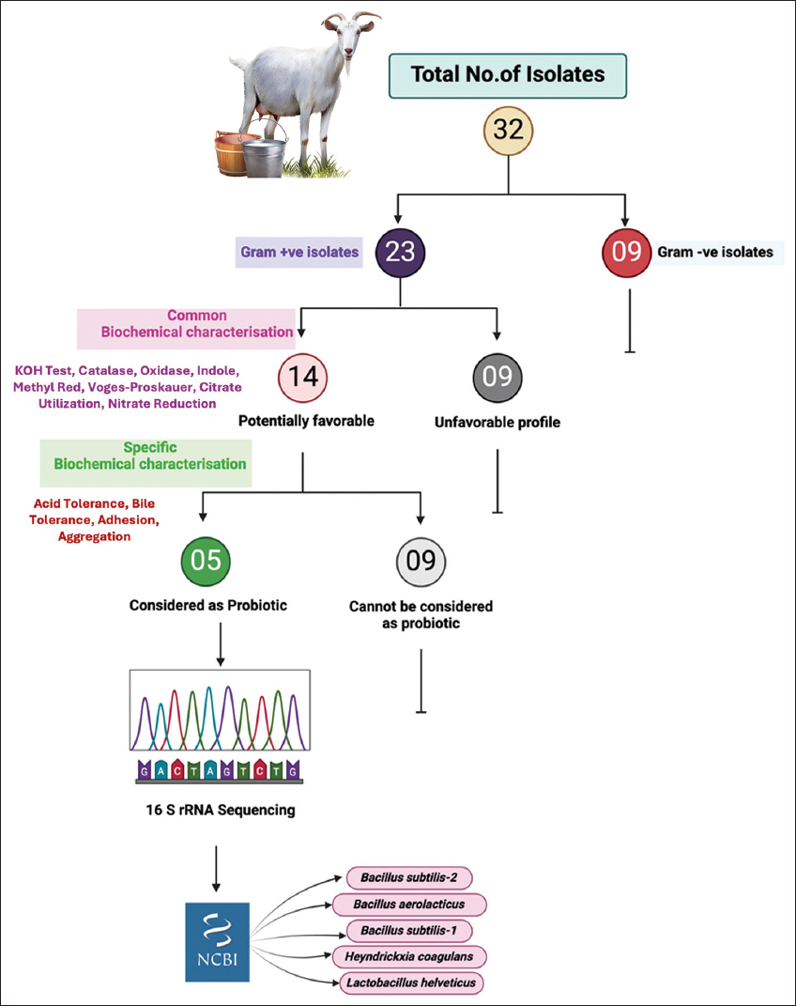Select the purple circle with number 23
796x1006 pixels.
(x=400, y=251)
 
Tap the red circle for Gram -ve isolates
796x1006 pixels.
(x=627, y=251)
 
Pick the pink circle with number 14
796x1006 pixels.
(x=302, y=378)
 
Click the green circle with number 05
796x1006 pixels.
(x=206, y=560)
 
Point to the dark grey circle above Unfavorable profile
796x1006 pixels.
(x=497, y=378)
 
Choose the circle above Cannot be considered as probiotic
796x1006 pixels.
(x=421, y=562)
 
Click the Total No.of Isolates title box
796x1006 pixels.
(x=508, y=73)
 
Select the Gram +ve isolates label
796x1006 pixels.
(x=298, y=252)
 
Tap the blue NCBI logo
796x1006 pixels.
(x=217, y=940)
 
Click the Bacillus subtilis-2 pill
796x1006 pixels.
(x=408, y=877)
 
